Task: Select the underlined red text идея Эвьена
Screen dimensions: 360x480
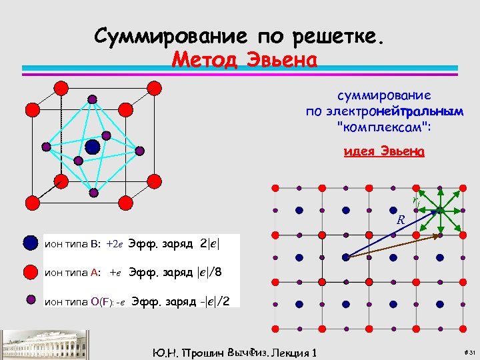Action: pyautogui.click(x=383, y=151)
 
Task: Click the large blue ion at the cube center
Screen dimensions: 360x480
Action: pyautogui.click(x=92, y=146)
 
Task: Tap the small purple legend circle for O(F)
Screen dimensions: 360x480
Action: pyautogui.click(x=31, y=299)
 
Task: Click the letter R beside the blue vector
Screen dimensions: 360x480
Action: pyautogui.click(x=401, y=219)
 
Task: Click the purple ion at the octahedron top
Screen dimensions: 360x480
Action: pyautogui.click(x=92, y=99)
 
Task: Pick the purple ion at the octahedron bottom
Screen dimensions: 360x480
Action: pyautogui.click(x=93, y=193)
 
